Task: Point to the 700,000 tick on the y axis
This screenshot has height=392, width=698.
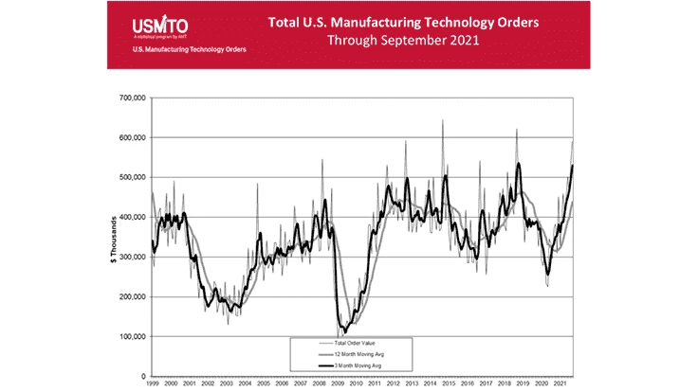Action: tap(129, 98)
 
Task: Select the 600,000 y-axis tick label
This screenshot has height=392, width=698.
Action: tap(129, 137)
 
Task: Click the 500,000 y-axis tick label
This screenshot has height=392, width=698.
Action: tap(129, 177)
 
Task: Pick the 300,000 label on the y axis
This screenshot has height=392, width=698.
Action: tap(129, 257)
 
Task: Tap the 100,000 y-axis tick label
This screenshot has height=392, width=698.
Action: tap(129, 336)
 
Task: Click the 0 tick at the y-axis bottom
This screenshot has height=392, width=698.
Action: tap(141, 376)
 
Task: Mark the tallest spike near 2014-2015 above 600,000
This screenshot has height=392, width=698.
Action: tap(442, 121)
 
